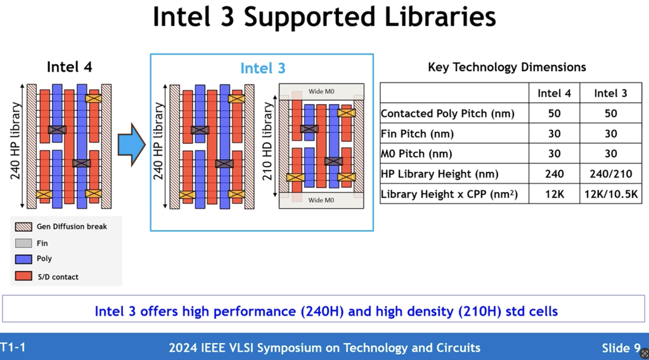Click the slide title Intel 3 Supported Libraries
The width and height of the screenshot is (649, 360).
click(324, 18)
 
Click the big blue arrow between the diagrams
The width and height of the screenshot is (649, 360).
click(132, 145)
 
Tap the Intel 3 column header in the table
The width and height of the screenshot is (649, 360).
click(610, 93)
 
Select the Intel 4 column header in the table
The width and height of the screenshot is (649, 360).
click(554, 93)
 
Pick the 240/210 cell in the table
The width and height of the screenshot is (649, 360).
click(610, 174)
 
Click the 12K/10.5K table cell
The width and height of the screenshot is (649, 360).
click(610, 194)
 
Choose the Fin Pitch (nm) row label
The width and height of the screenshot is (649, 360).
click(417, 134)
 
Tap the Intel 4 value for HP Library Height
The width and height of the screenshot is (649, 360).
click(554, 174)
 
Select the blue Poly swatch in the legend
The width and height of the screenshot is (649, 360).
click(23, 259)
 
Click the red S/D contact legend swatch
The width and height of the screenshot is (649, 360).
click(23, 276)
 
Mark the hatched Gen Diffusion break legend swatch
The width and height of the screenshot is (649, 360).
click(23, 226)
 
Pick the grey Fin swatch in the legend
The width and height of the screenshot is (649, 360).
click(23, 243)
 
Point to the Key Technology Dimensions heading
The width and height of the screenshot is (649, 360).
click(507, 67)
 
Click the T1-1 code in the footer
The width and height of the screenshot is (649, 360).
click(13, 347)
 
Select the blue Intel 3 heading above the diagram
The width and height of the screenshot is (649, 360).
click(262, 68)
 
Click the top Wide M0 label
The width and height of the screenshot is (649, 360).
click(321, 91)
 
